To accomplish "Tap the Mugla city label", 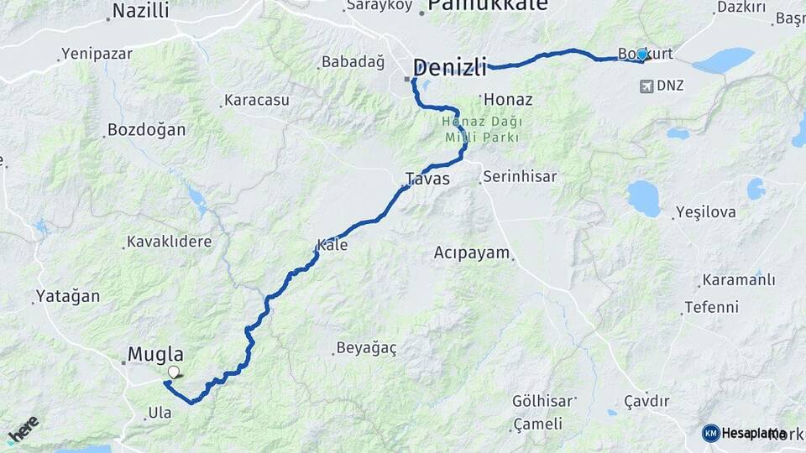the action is click(155, 354).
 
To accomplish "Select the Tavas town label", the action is click(427, 179).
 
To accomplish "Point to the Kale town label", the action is click(332, 246).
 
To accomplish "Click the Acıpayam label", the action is click(473, 253).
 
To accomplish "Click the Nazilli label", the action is click(140, 11).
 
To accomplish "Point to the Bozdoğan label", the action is click(146, 130).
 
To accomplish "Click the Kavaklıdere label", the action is click(169, 242).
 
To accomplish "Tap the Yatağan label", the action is click(67, 296).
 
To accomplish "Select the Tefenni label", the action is click(711, 307).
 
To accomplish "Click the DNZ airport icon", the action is click(646, 86).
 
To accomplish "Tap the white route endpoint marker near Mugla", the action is click(174, 372).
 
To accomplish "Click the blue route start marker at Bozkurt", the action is click(642, 54).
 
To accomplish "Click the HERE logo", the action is click(23, 429).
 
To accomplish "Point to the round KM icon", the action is click(711, 433).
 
